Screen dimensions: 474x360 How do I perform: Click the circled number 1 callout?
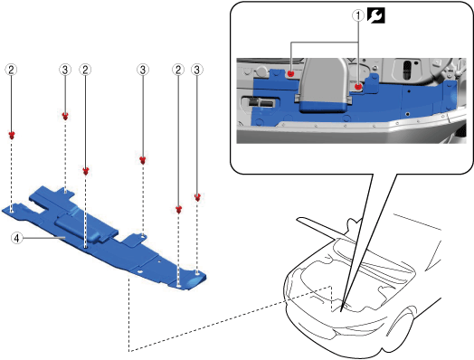click(358, 15)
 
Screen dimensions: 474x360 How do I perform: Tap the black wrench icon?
click(376, 15)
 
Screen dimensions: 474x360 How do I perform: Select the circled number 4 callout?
click(17, 238)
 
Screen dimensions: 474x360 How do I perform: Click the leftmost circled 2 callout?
click(11, 70)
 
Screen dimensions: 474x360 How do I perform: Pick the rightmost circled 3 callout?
click(197, 70)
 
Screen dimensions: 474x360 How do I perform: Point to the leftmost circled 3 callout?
click(65, 70)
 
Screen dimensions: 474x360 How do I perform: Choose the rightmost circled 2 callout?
click(178, 70)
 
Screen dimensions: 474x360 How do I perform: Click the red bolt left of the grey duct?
click(290, 73)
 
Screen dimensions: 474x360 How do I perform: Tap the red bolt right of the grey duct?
click(358, 87)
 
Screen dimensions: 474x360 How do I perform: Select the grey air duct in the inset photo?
click(324, 86)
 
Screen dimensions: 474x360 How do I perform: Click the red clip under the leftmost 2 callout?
click(12, 135)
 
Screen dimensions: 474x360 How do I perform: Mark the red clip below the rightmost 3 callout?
click(197, 197)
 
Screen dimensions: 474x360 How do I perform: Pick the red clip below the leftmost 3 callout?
click(65, 116)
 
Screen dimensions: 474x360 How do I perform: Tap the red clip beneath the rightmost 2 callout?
click(178, 210)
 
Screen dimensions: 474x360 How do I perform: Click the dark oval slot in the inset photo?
click(407, 71)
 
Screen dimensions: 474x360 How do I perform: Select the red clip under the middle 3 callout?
click(143, 160)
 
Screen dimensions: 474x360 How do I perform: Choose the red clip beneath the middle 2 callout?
click(86, 171)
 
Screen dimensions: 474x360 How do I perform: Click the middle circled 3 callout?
click(143, 70)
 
